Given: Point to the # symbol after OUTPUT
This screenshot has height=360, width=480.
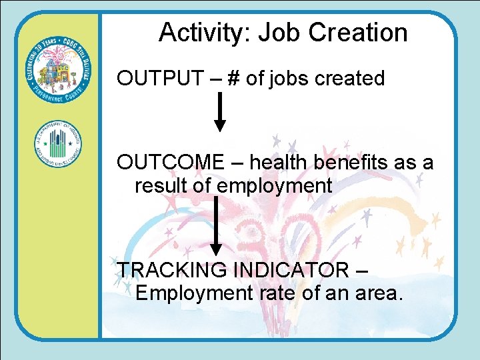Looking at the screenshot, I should pos(233,79).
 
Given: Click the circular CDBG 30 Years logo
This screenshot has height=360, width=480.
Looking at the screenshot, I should pos(58,73).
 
